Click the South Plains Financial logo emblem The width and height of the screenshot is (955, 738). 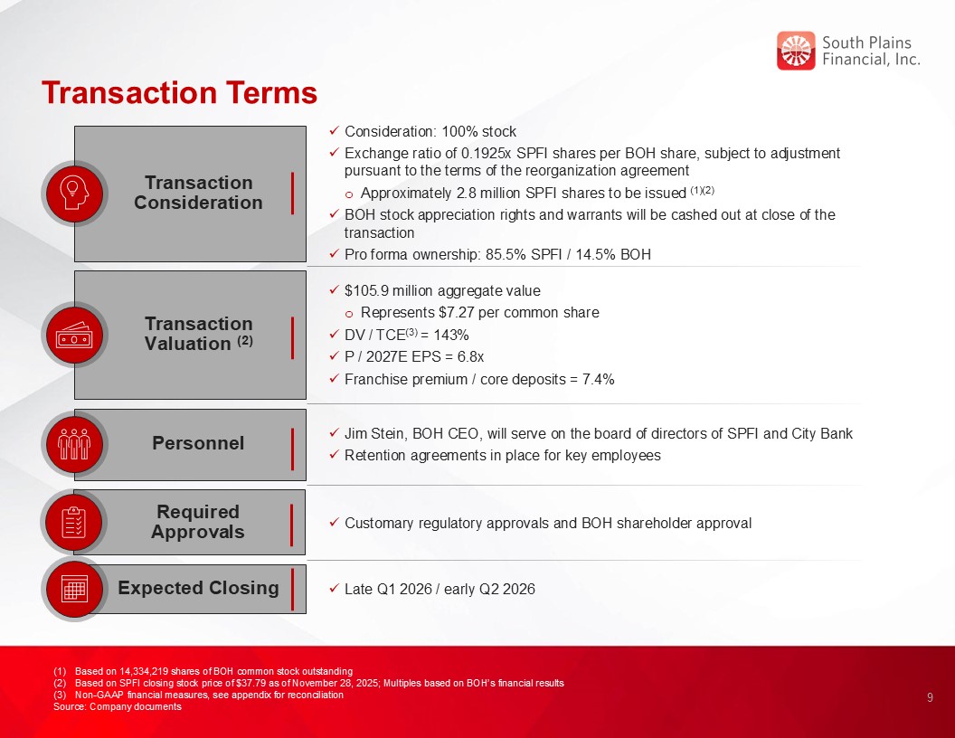click(796, 51)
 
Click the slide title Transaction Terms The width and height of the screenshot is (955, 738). click(180, 92)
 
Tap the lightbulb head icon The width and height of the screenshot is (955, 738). click(74, 194)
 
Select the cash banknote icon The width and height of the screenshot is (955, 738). click(74, 335)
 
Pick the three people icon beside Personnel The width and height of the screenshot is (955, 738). click(74, 444)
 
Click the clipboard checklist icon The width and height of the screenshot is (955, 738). click(74, 523)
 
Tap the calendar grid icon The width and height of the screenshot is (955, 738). click(74, 588)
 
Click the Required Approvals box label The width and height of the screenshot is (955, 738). click(198, 522)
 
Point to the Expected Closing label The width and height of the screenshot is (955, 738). click(198, 588)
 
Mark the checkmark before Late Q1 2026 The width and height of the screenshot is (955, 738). click(334, 588)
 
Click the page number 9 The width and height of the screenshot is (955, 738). click(930, 698)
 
